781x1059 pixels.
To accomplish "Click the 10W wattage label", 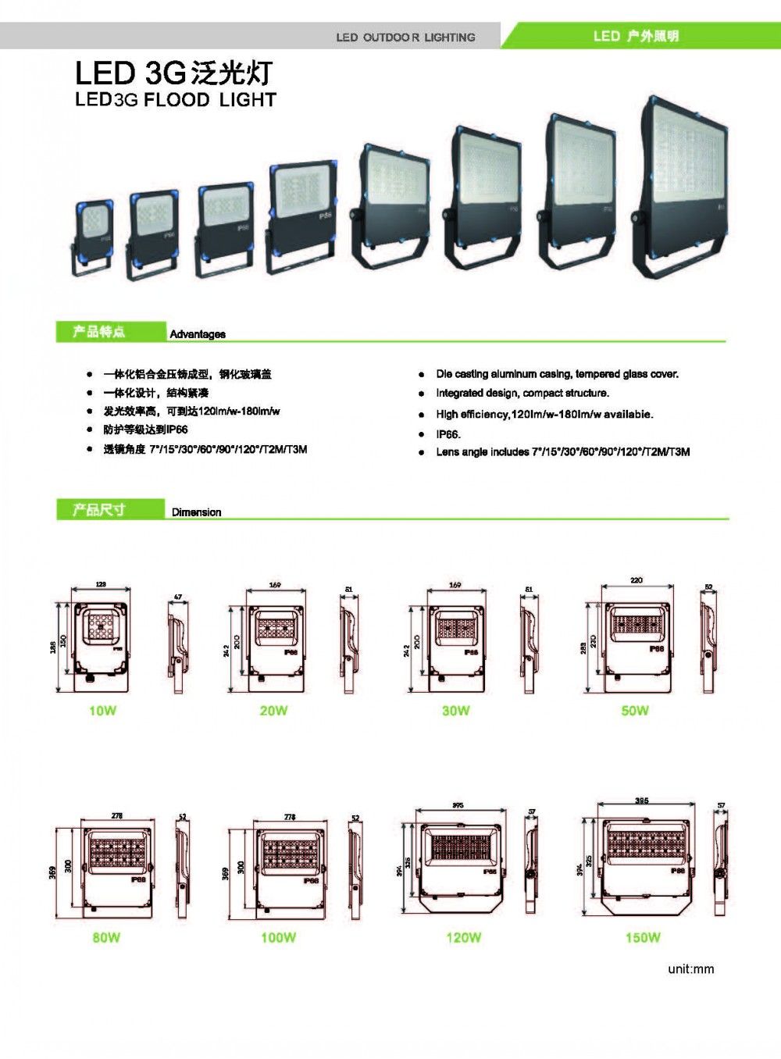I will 102,711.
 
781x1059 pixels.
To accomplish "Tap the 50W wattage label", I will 635,711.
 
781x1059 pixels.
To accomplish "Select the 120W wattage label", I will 463,937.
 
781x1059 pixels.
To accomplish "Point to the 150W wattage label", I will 642,937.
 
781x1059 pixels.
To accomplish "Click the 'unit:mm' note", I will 690,969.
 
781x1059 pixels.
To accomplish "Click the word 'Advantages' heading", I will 198,334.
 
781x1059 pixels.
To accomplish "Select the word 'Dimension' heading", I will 196,512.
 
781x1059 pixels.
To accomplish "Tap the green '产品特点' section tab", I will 99,332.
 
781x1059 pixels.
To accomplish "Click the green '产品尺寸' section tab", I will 99,510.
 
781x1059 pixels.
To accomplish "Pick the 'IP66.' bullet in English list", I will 448,434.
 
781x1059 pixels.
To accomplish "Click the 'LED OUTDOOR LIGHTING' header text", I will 405,37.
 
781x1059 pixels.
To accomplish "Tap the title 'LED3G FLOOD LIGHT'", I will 176,100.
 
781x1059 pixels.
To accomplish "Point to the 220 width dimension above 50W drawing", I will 636,580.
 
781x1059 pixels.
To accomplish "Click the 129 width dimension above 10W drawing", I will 101,584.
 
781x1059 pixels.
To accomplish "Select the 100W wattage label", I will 278,937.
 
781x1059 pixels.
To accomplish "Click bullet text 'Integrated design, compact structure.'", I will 522,394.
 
